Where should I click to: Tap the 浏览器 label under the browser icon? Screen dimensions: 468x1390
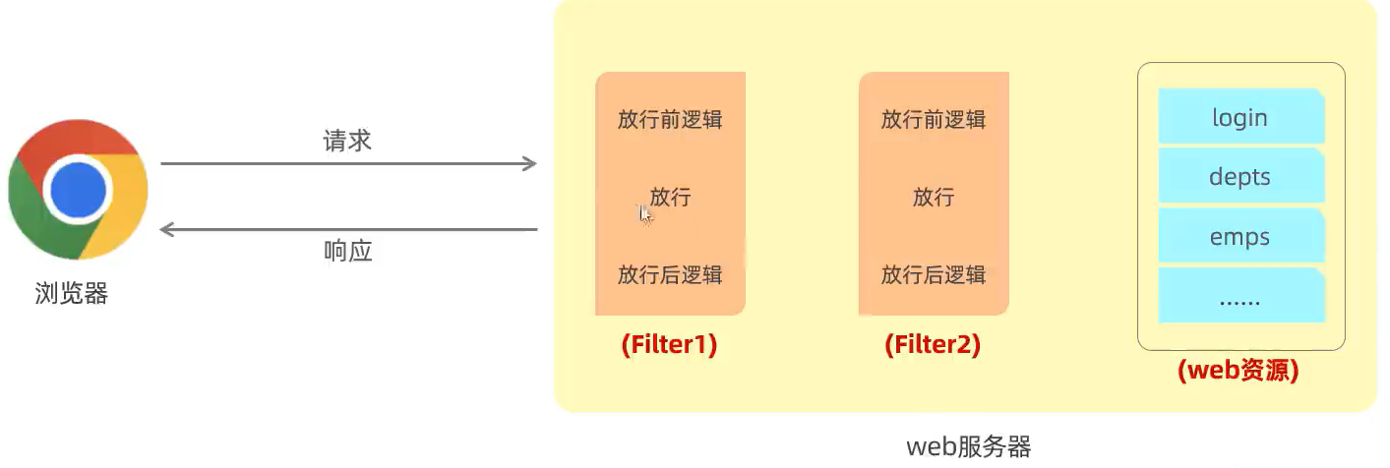[x=71, y=293]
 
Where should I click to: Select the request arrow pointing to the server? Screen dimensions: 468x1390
[x=348, y=163]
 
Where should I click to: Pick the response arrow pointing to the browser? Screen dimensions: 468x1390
[x=348, y=230]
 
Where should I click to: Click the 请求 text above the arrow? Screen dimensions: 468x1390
[x=347, y=141]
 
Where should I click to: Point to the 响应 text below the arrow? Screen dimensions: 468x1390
[x=347, y=252]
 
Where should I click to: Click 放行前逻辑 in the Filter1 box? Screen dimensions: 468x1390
[x=670, y=119]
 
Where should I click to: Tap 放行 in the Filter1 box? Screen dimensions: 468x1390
[x=670, y=197]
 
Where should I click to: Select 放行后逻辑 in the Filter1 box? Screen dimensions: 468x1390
[x=670, y=274]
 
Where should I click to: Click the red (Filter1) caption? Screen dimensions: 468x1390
[x=669, y=346]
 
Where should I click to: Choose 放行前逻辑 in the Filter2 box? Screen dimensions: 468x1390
[x=933, y=119]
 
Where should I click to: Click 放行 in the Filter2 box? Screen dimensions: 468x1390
[x=933, y=197]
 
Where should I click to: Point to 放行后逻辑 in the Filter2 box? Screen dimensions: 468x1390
[x=933, y=274]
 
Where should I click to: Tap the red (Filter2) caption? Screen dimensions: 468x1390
[x=933, y=346]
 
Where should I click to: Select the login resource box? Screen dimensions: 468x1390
[x=1239, y=117]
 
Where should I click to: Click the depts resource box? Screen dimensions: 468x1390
[x=1239, y=177]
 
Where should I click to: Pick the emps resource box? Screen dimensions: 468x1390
[x=1239, y=237]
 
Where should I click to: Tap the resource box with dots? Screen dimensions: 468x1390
[x=1239, y=297]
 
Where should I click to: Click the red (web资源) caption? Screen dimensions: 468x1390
[x=1239, y=371]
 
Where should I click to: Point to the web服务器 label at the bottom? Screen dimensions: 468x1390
[x=968, y=447]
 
